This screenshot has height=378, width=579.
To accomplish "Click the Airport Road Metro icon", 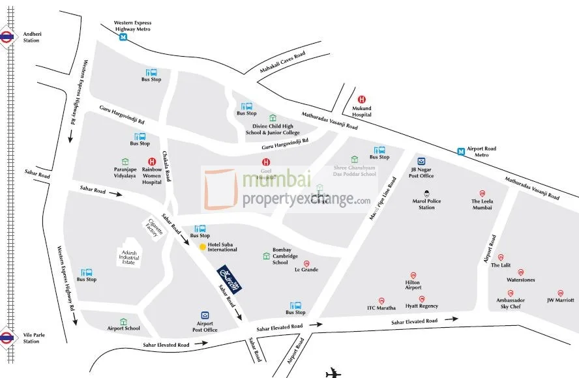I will tap(461, 151).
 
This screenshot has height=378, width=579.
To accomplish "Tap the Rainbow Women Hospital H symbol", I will tap(153, 162).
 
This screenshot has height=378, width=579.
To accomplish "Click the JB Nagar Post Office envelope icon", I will tap(422, 162).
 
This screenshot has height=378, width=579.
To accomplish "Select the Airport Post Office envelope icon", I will tap(205, 315).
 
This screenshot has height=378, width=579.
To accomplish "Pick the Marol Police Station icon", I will tap(426, 192).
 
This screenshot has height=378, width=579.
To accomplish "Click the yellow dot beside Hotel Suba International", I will tap(202, 246).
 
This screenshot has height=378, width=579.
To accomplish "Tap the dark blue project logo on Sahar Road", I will tap(231, 280).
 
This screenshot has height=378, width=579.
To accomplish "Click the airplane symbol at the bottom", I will tap(334, 373).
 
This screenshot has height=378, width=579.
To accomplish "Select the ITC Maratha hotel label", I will tap(381, 308).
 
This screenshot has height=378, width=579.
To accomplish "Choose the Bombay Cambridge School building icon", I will tap(266, 256).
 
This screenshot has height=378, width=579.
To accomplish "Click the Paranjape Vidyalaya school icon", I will tap(125, 162).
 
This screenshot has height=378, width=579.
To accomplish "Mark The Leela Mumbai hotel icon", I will tap(482, 193).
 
